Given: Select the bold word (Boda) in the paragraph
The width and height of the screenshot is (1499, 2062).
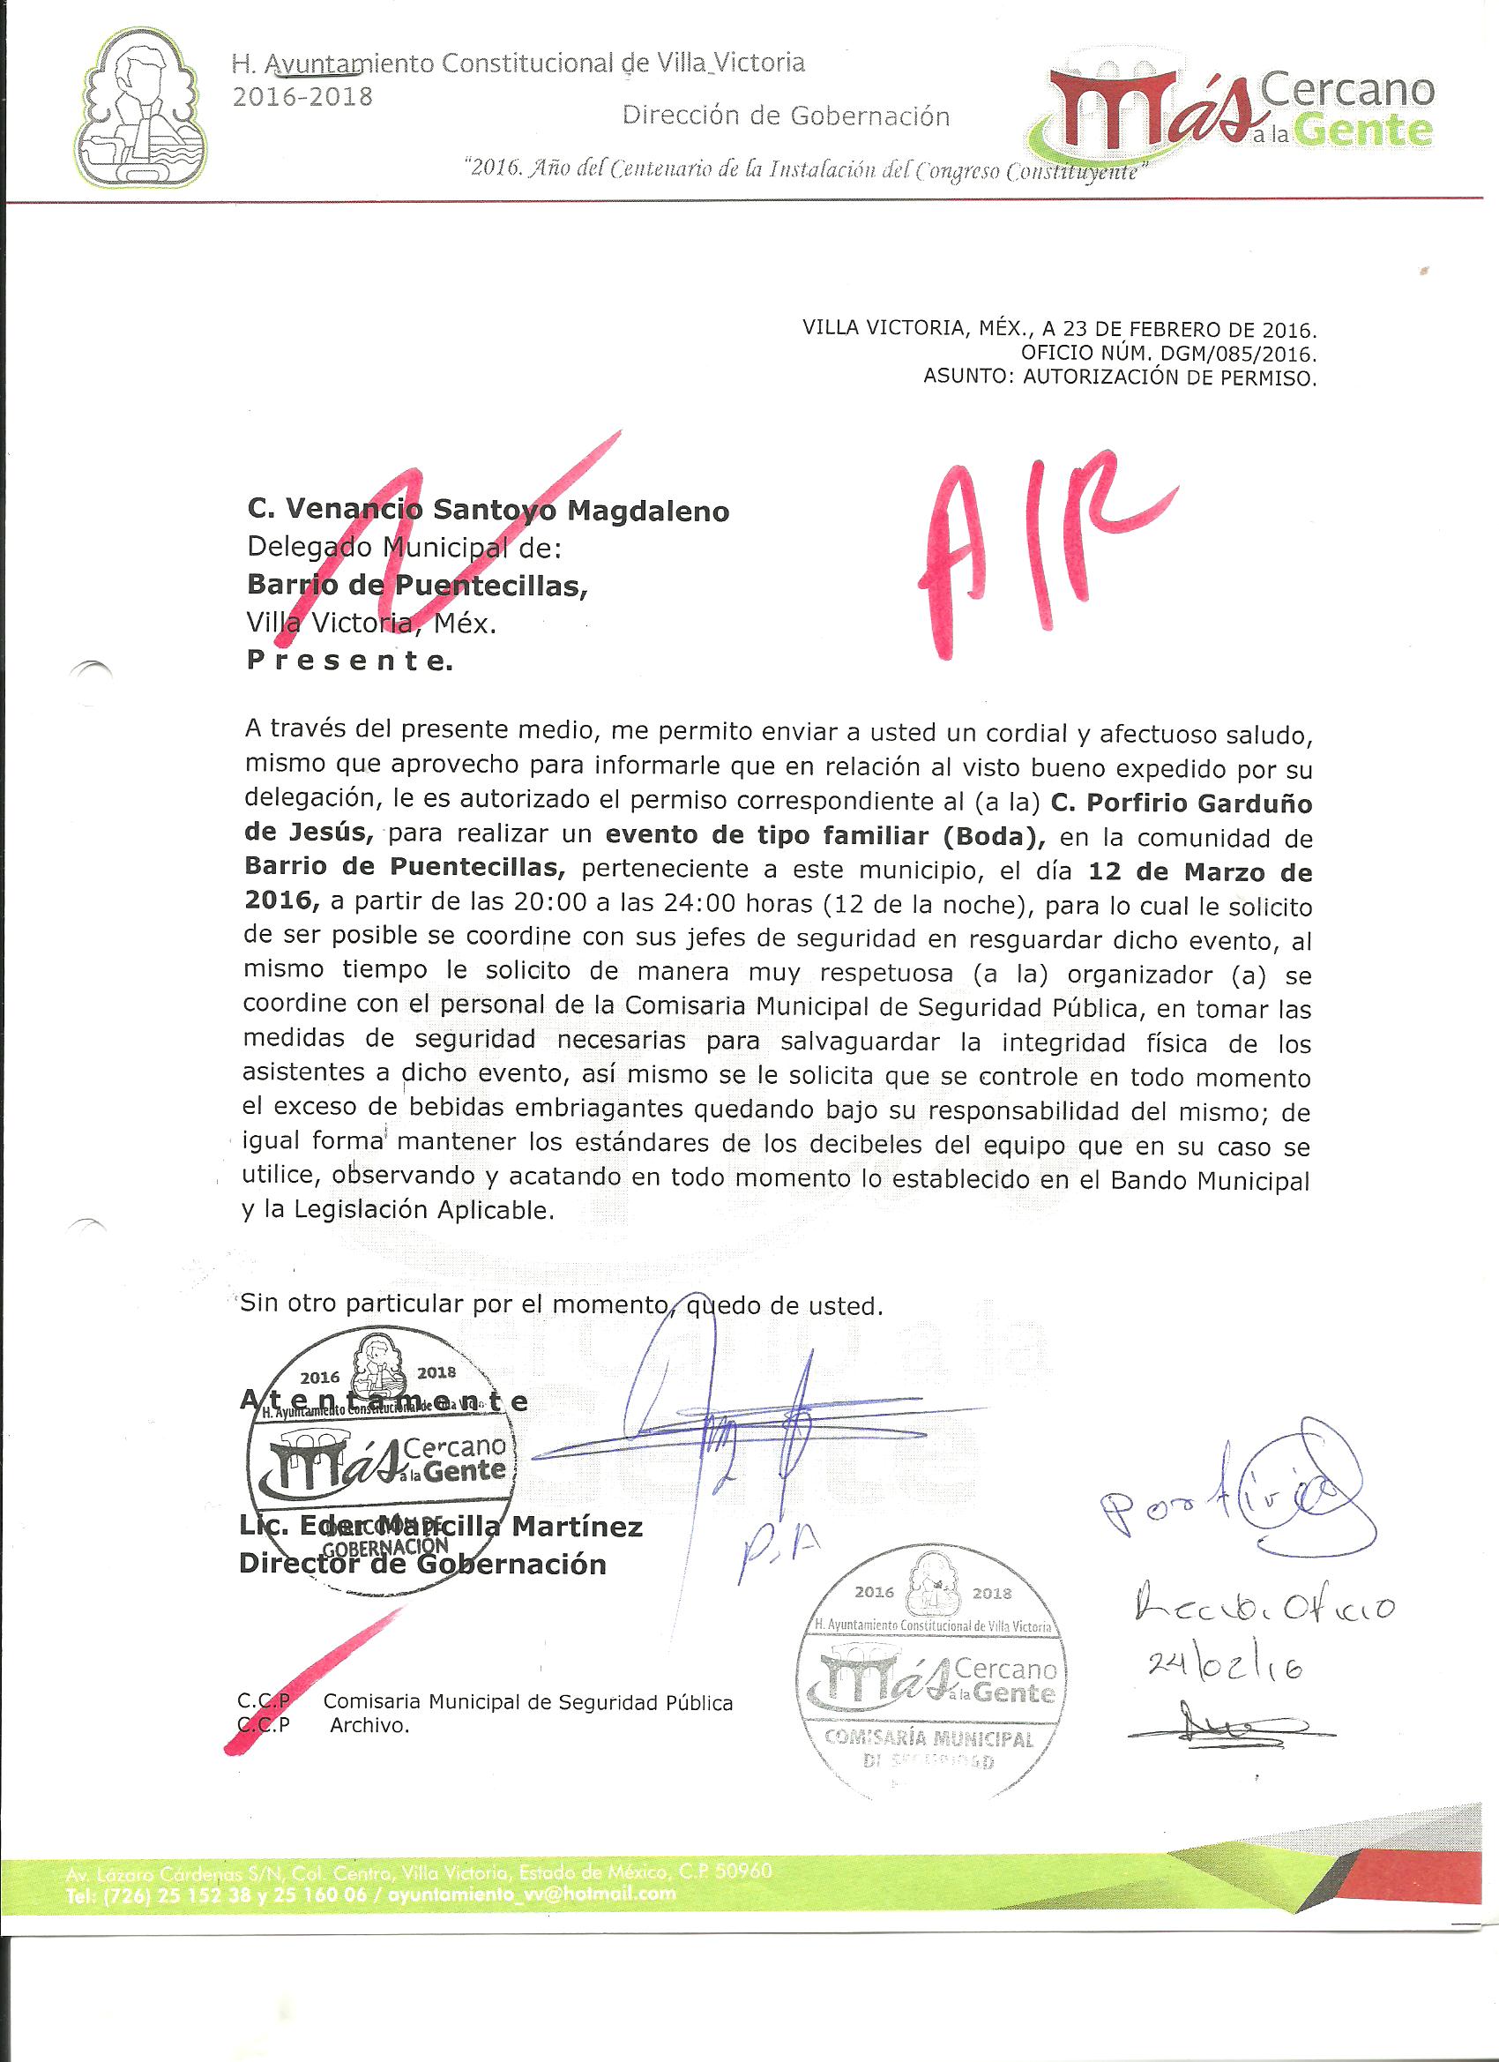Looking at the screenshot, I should (x=982, y=837).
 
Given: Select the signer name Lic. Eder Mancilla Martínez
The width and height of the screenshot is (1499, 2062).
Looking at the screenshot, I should (x=440, y=1527).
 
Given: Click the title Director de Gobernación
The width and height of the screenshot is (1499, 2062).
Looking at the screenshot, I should (x=421, y=1564).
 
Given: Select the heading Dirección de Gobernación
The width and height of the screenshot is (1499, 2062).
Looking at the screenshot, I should (x=786, y=116).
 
